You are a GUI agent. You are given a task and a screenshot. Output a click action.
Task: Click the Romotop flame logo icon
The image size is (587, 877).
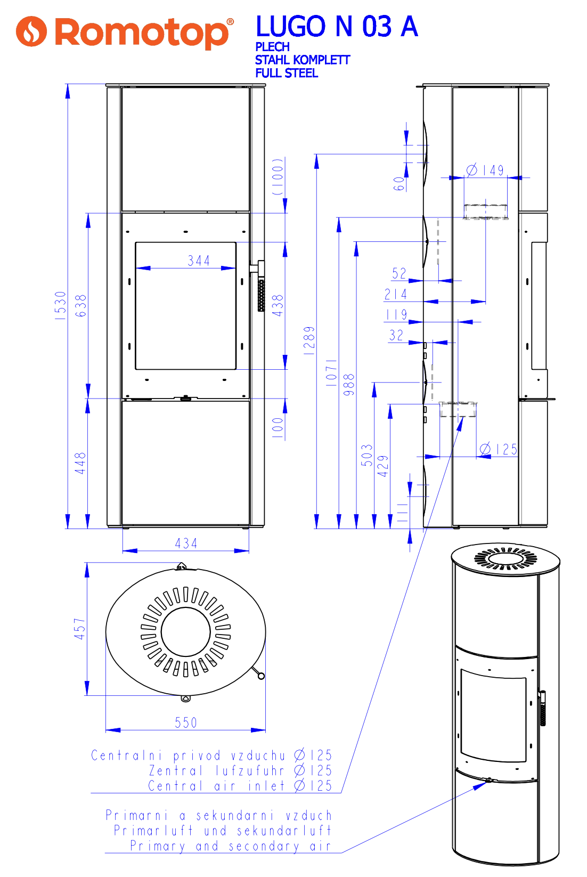pos(31,31)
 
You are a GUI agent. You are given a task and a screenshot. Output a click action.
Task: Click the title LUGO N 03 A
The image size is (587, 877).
pos(337,27)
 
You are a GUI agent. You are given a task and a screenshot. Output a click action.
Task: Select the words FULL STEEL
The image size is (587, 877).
pos(287,73)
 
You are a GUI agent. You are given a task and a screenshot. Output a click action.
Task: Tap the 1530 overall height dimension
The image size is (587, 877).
pos(61,305)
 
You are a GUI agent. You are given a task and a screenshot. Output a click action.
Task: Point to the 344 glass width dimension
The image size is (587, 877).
pos(199,261)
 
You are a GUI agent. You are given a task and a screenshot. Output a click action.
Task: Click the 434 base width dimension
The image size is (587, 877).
pos(186,543)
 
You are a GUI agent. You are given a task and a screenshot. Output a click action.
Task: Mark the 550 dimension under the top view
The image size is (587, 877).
pos(186,722)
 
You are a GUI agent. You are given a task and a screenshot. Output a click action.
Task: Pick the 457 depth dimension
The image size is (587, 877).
pos(79,629)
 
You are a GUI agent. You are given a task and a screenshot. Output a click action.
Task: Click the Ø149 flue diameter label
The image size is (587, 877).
pos(485,170)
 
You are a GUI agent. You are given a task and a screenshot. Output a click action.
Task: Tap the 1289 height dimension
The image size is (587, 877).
pos(309,340)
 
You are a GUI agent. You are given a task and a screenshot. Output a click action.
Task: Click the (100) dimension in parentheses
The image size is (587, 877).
pos(278,176)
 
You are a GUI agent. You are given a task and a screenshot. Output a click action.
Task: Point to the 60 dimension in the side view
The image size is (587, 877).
pos(399,184)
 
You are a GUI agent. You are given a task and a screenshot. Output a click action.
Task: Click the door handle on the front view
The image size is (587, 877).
pos(260,286)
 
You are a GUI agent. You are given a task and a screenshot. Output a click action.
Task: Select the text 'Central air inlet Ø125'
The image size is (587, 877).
pos(240,785)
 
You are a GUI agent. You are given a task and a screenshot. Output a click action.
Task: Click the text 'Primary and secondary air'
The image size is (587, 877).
pos(231,846)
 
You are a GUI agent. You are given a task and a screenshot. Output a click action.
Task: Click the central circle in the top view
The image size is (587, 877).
pos(186,632)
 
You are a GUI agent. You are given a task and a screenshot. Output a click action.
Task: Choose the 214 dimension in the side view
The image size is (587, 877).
pos(396,294)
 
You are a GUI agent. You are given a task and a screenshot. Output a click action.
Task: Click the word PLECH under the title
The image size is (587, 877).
pos(272,47)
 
